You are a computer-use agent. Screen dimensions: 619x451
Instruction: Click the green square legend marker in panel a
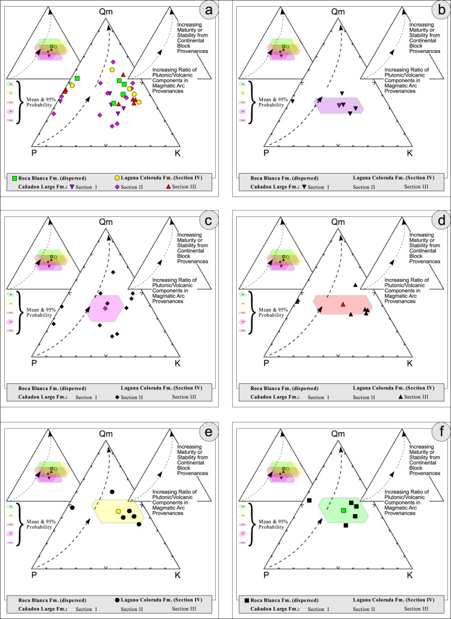point(15,178)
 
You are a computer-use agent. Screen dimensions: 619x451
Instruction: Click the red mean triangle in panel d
point(342,304)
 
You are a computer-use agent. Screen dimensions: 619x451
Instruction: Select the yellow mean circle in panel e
point(118,512)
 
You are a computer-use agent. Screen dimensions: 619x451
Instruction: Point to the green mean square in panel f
point(344,511)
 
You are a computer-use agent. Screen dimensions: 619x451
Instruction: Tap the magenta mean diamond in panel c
point(105,309)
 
